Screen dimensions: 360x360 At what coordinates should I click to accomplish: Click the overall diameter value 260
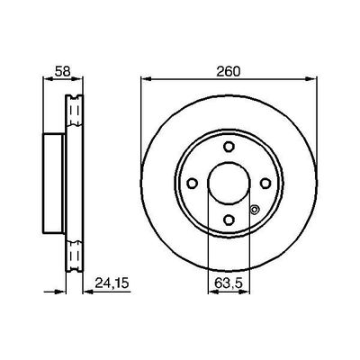pyautogui.click(x=229, y=67)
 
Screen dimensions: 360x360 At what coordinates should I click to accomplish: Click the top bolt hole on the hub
pyautogui.click(x=229, y=147)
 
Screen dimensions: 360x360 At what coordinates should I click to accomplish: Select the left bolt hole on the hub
pyautogui.click(x=190, y=184)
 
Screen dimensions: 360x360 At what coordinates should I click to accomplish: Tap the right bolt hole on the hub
pyautogui.click(x=267, y=184)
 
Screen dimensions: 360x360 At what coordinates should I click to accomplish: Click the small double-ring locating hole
pyautogui.click(x=256, y=212)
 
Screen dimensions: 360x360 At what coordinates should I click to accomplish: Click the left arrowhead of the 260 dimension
pyautogui.click(x=144, y=79)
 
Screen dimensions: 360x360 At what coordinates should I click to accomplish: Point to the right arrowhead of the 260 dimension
pyautogui.click(x=313, y=79)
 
